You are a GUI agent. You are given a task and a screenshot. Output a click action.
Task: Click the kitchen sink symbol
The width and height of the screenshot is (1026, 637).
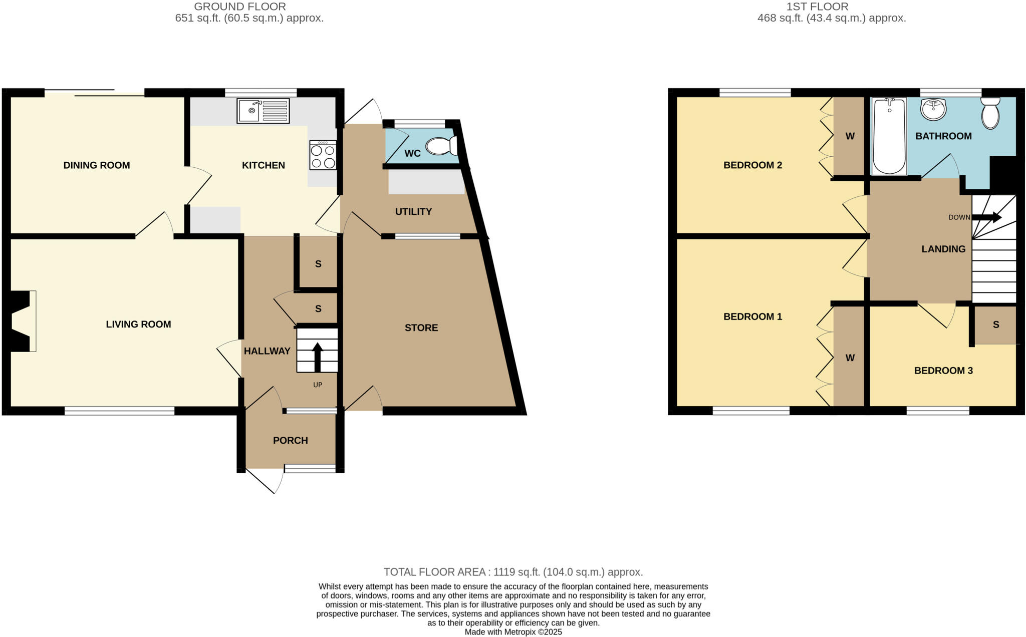pyautogui.click(x=264, y=111)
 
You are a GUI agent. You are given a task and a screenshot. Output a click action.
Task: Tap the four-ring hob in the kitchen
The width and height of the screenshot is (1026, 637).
pyautogui.click(x=323, y=156)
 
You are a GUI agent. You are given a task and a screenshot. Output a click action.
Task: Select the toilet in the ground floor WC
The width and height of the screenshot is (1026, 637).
pyautogui.click(x=441, y=146)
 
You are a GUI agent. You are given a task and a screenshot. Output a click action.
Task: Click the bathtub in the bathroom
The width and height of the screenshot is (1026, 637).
pyautogui.click(x=889, y=136)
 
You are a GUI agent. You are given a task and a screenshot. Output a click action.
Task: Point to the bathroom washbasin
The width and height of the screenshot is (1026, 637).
pyautogui.click(x=933, y=110)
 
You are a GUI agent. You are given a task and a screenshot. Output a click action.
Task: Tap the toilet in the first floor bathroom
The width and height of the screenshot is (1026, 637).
pyautogui.click(x=990, y=113)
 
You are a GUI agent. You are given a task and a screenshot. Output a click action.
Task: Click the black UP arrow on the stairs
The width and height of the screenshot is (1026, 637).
pyautogui.click(x=317, y=357)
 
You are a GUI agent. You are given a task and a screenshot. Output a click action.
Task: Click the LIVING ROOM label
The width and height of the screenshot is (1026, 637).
pyautogui.click(x=138, y=324)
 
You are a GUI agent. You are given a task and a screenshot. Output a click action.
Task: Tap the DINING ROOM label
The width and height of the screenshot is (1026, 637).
pyautogui.click(x=97, y=165)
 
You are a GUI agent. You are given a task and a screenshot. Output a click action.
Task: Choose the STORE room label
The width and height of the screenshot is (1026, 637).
pyautogui.click(x=421, y=328)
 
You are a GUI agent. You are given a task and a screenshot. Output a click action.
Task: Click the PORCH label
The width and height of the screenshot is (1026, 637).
pyautogui.click(x=291, y=440)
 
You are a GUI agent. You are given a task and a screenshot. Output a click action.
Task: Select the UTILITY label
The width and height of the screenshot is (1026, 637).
pyautogui.click(x=413, y=211)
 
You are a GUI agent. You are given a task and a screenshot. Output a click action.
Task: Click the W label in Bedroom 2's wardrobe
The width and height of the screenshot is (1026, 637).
pyautogui.click(x=850, y=136)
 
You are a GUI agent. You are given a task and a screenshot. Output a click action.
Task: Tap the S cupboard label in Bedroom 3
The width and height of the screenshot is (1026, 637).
pyautogui.click(x=996, y=325)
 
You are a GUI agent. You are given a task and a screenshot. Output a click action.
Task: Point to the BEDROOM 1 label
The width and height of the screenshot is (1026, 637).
pyautogui.click(x=752, y=316)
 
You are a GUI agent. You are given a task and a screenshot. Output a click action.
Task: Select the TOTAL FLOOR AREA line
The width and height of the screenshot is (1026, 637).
pyautogui.click(x=513, y=572)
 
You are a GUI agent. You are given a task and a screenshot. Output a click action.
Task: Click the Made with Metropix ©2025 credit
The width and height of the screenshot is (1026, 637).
pyautogui.click(x=513, y=632)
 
